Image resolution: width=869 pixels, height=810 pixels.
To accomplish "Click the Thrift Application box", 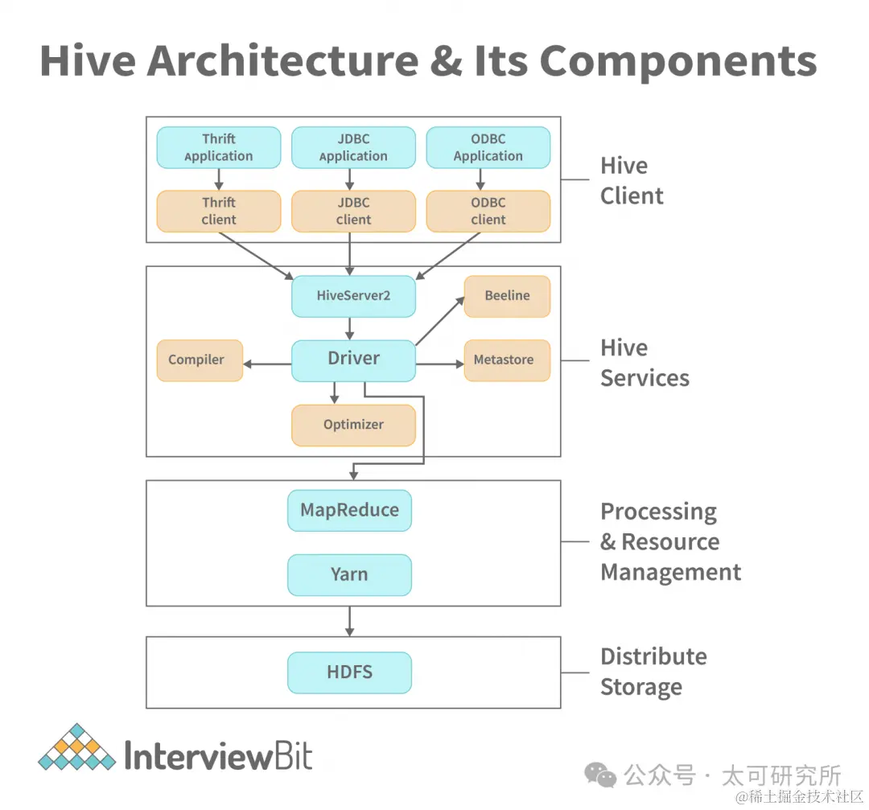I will click(218, 147).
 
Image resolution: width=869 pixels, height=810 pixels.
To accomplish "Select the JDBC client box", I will click(353, 211).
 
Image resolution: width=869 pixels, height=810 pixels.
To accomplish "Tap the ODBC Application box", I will click(488, 147).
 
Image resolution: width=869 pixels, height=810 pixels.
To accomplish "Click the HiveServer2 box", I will click(353, 295).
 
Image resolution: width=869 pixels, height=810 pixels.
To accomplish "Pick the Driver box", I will click(353, 360).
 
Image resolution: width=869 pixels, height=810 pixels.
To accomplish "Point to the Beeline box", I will click(507, 296).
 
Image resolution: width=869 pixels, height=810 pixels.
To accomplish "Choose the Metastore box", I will click(507, 360).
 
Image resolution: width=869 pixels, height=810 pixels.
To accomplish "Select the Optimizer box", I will click(353, 425).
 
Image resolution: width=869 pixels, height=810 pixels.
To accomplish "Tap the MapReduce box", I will click(349, 510).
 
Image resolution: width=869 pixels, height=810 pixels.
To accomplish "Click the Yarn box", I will click(349, 574).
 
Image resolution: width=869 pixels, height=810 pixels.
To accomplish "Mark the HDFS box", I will click(349, 672).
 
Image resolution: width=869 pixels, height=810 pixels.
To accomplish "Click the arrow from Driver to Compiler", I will click(267, 364).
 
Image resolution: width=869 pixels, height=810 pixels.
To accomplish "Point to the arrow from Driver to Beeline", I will click(440, 320).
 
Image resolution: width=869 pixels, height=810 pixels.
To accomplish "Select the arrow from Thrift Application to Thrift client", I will click(219, 179).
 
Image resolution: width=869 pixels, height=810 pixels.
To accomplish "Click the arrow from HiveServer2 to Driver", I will click(350, 328).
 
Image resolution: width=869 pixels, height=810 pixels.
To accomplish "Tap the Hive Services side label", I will click(645, 363).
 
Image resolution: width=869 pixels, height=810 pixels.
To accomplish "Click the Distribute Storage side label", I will click(653, 672).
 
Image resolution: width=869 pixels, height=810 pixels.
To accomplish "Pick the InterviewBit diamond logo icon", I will click(76, 747).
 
